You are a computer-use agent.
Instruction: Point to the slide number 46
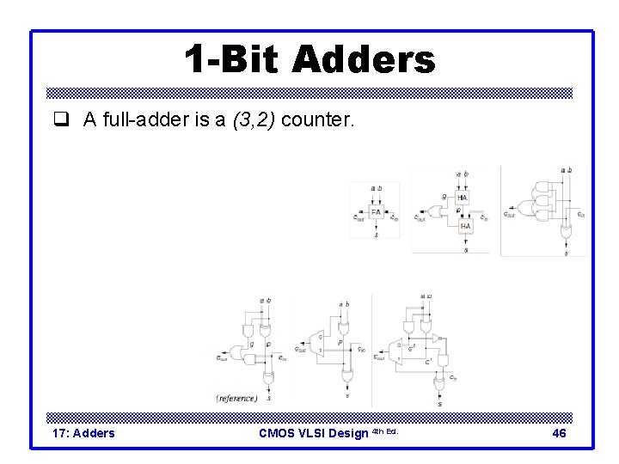click(559, 433)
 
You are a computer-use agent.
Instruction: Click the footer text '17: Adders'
click(83, 433)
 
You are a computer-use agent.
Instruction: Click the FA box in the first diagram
click(376, 211)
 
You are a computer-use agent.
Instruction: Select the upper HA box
click(463, 197)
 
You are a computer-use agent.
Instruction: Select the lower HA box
click(465, 226)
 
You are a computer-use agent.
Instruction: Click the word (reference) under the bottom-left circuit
click(237, 398)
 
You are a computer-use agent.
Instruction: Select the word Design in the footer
click(350, 433)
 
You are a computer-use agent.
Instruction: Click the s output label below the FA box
click(376, 235)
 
